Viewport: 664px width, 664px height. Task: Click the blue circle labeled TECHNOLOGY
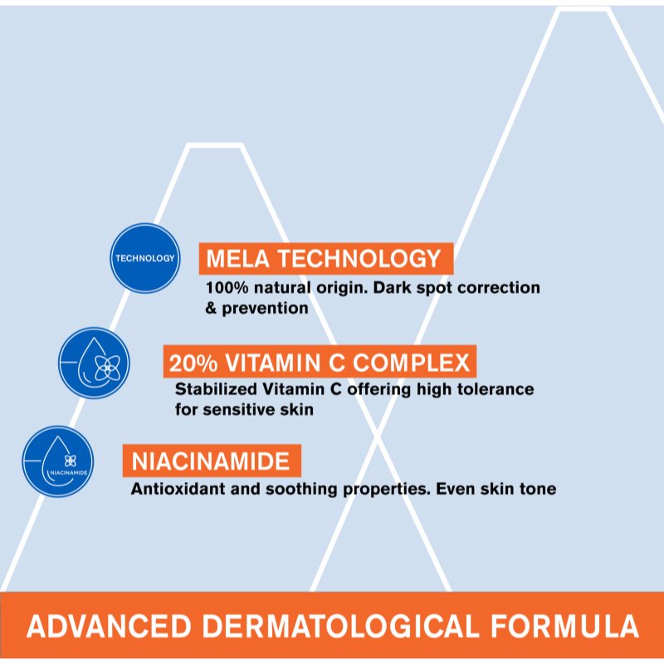pos(144,258)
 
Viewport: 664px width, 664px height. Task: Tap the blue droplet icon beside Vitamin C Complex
pos(94,363)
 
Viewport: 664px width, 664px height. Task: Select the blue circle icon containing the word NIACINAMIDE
pos(58,461)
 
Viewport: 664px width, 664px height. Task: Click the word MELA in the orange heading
pos(237,258)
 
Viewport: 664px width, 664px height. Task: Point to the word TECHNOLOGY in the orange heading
pos(359,258)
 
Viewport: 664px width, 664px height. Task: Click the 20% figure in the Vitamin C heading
pos(193,363)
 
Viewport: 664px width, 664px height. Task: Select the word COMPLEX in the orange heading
pos(411,363)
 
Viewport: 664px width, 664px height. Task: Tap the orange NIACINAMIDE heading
pos(211,461)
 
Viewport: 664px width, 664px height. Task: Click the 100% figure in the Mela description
pos(227,288)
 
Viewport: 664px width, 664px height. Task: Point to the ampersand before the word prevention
pos(211,308)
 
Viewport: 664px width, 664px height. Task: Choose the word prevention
pos(265,309)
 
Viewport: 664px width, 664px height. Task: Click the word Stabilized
pos(216,389)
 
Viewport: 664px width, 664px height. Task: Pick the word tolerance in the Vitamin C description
pos(496,389)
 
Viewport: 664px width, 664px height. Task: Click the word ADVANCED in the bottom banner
pos(110,626)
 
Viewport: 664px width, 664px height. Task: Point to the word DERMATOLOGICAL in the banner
pos(340,626)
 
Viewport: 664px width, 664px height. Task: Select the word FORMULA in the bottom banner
pos(565,626)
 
